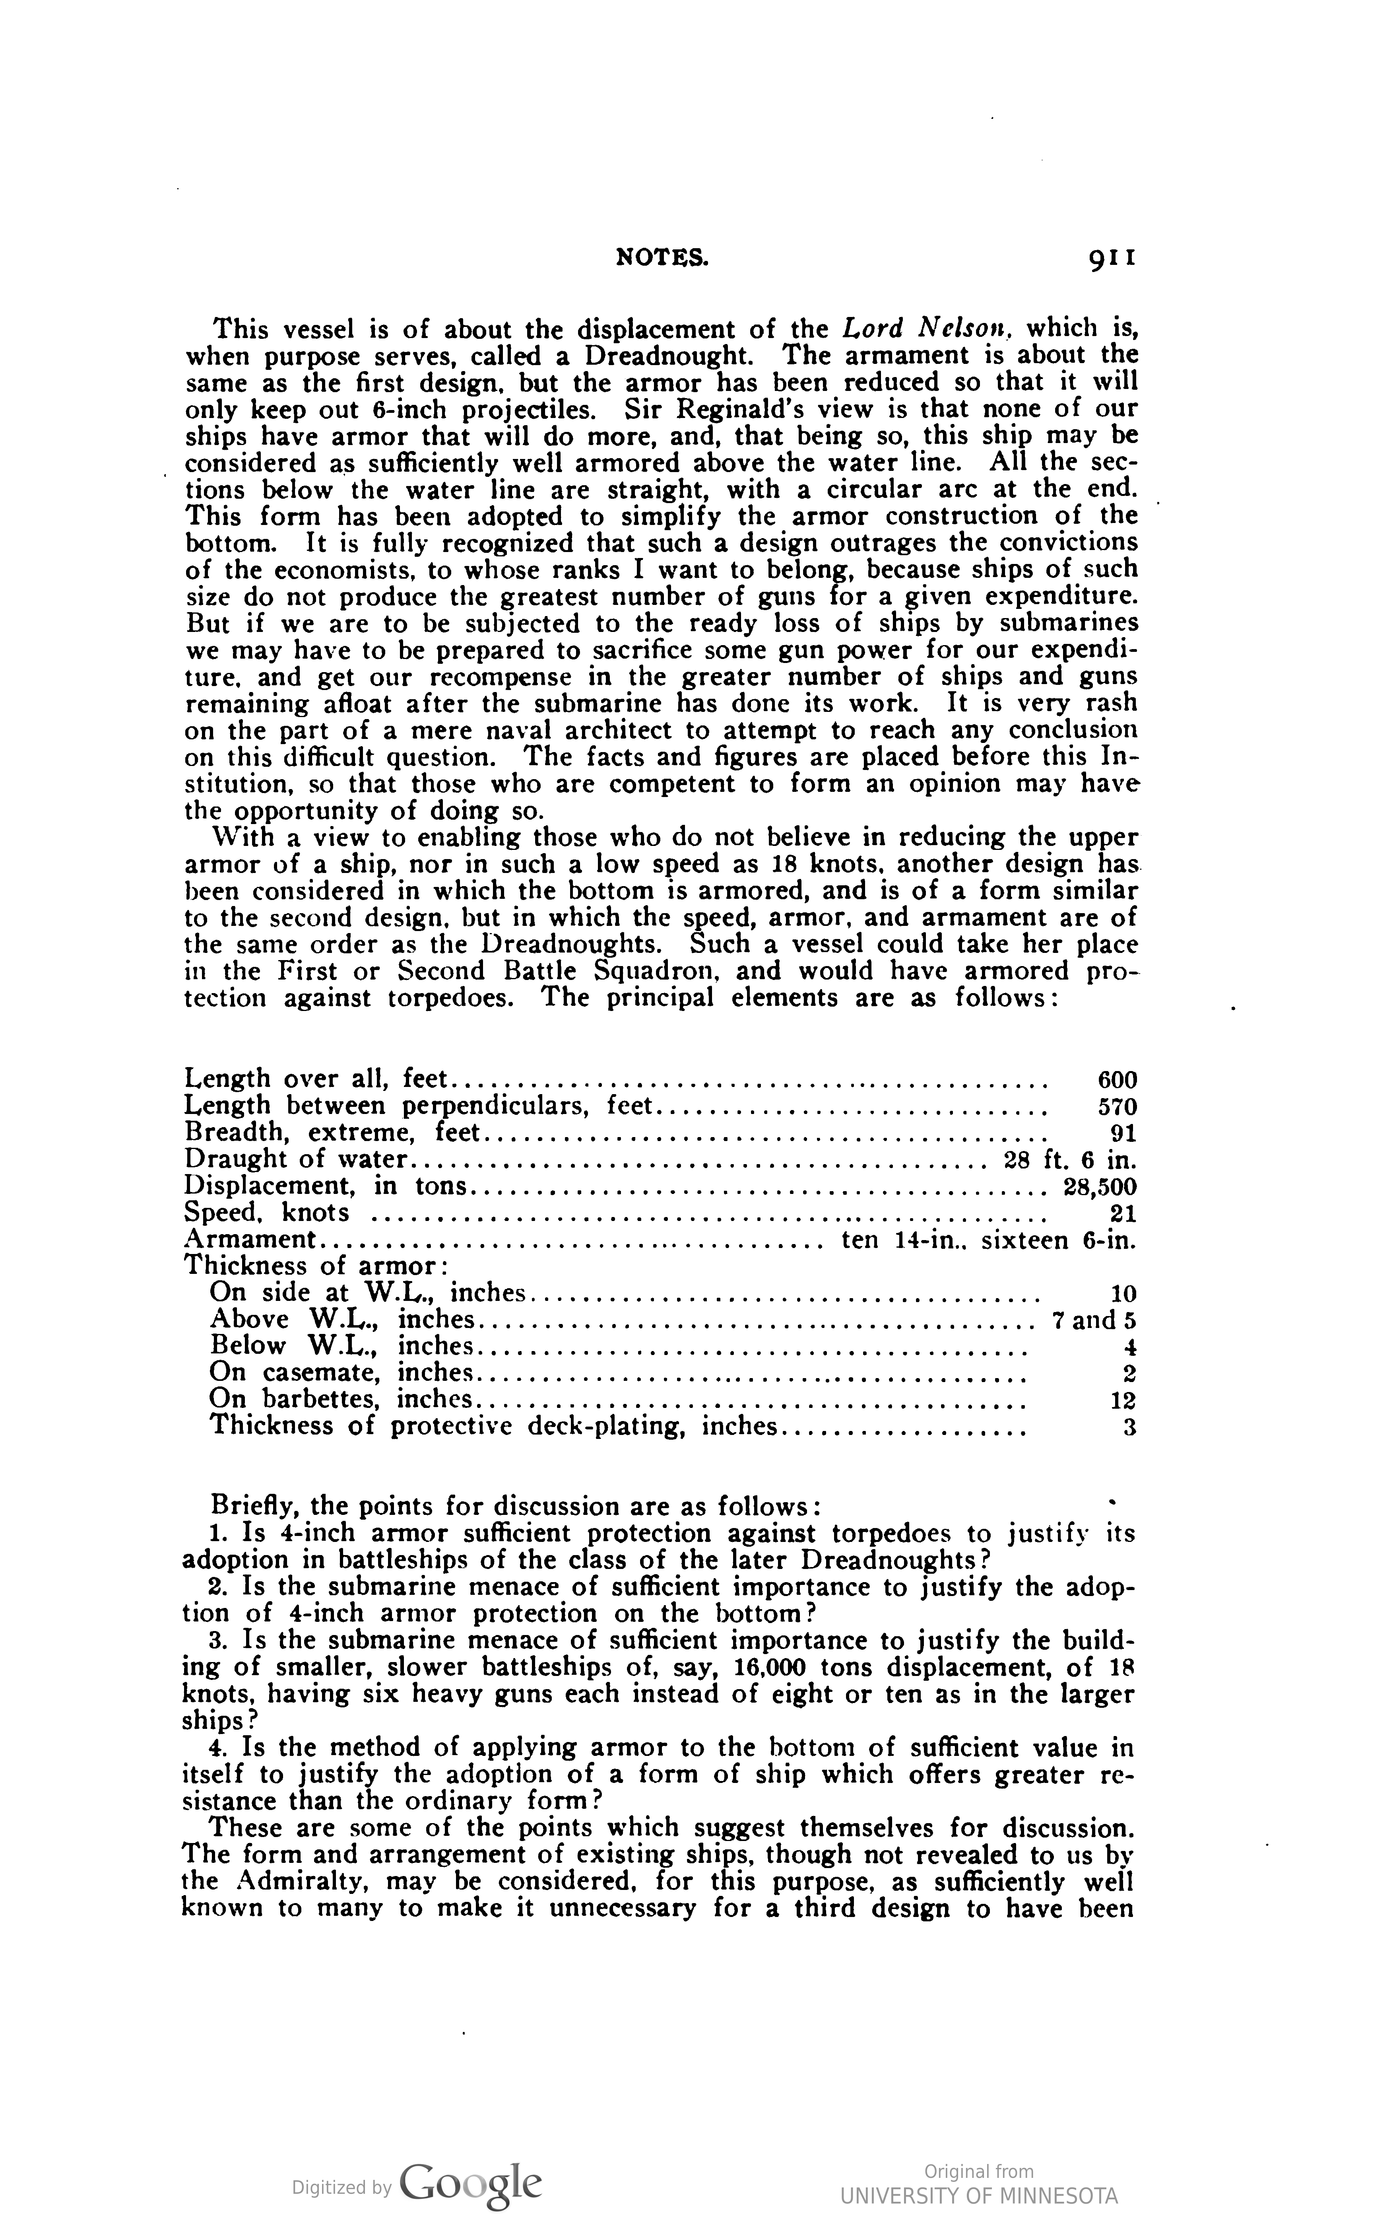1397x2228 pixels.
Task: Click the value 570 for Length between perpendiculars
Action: [x=1116, y=1106]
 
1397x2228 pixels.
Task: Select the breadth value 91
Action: [x=1123, y=1133]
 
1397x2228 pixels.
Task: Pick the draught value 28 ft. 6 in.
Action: [x=1069, y=1160]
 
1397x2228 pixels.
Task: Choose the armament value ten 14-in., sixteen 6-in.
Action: [x=989, y=1240]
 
